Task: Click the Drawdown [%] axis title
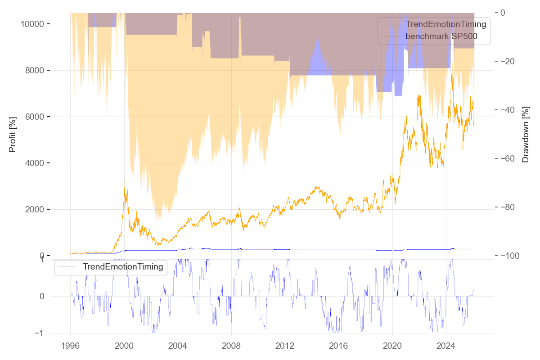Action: pyautogui.click(x=525, y=134)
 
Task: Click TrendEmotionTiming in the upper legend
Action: pyautogui.click(x=446, y=24)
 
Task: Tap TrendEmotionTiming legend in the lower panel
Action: pyautogui.click(x=123, y=267)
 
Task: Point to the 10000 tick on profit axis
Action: pyautogui.click(x=32, y=24)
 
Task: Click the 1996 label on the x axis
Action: pyautogui.click(x=70, y=346)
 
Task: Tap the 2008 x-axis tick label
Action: pyautogui.click(x=231, y=346)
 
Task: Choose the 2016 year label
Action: pyautogui.click(x=338, y=346)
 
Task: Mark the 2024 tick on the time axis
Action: pyautogui.click(x=445, y=346)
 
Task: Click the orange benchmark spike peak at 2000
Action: pyautogui.click(x=124, y=180)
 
